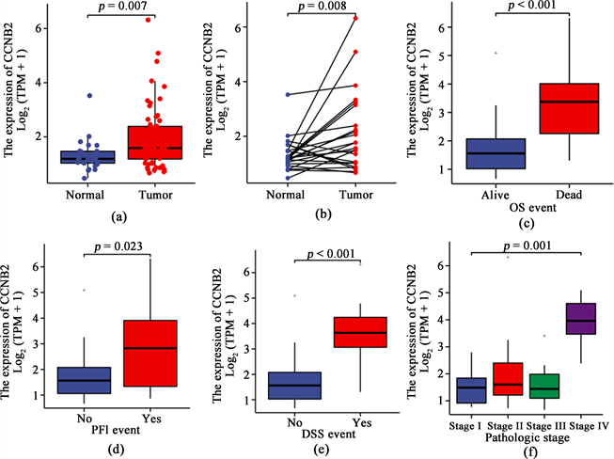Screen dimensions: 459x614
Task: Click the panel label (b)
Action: [323, 217]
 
